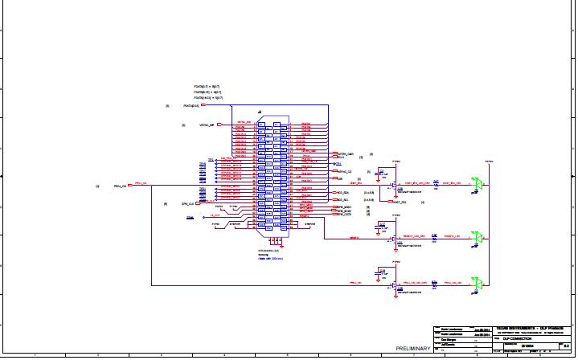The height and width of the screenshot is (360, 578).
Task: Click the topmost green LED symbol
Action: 478,184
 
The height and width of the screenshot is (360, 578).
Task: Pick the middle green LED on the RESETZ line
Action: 478,237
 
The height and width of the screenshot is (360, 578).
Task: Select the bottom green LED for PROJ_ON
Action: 478,284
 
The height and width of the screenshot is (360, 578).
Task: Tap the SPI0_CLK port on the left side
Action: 188,204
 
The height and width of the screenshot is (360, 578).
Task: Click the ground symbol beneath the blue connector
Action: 275,240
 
